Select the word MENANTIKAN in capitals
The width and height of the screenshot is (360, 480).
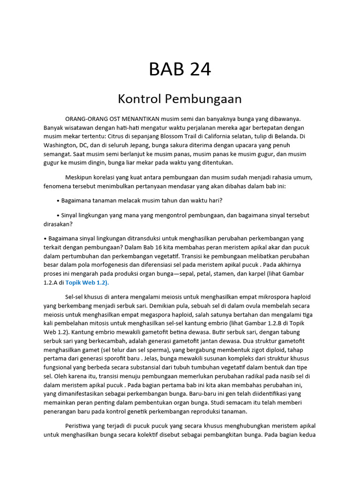[142, 119]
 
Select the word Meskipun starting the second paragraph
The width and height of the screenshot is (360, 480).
[80, 177]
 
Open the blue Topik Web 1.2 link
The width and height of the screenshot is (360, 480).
[87, 283]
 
